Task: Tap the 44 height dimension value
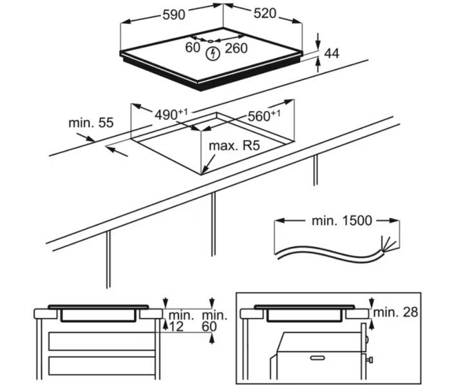click(x=332, y=54)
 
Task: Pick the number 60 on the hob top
click(x=193, y=46)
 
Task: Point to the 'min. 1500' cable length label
click(x=342, y=221)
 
